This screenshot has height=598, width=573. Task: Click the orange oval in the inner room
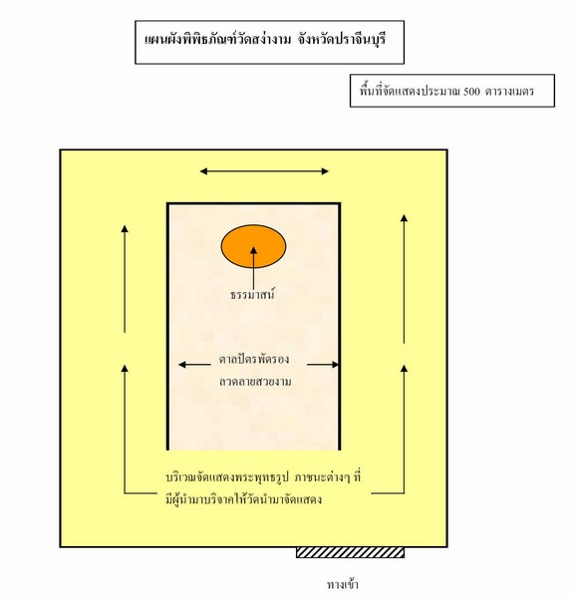click(253, 246)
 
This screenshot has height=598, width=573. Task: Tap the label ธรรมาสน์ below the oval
click(253, 294)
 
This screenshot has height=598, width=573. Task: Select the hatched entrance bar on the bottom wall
click(350, 552)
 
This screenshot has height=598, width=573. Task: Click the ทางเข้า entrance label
click(343, 584)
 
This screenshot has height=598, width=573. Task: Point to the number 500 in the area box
click(472, 92)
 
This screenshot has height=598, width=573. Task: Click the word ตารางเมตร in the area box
click(509, 92)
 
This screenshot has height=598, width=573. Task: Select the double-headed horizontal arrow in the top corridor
click(264, 171)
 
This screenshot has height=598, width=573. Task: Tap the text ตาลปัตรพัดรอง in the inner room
click(254, 359)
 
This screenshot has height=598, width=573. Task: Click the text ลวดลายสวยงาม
click(255, 382)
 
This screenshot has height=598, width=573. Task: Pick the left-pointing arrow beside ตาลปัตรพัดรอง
click(194, 365)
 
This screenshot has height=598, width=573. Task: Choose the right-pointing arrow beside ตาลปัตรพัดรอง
click(323, 365)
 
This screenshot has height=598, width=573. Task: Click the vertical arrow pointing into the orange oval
click(253, 268)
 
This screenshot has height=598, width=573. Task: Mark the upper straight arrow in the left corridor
click(125, 279)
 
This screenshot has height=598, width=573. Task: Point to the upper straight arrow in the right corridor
click(405, 279)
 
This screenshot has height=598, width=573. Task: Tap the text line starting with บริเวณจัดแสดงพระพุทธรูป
click(263, 477)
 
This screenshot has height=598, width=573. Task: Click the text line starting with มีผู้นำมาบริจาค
click(243, 499)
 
